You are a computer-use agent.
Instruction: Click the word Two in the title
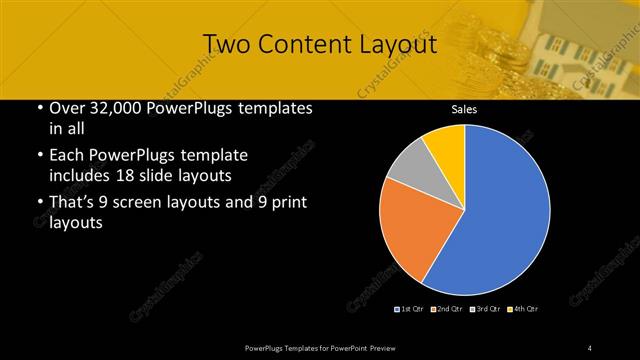tap(229, 44)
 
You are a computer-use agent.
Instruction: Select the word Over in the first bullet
tap(67, 109)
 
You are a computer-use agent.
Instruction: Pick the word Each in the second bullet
tap(68, 156)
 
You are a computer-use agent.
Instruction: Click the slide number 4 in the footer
tap(590, 347)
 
